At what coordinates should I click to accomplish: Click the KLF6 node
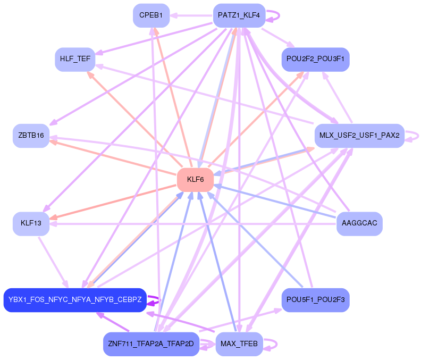click(x=195, y=180)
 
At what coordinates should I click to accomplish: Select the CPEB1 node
click(x=151, y=15)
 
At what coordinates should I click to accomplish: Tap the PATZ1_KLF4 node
click(x=239, y=15)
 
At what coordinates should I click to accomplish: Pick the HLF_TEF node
click(x=75, y=59)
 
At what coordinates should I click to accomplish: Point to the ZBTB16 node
click(x=31, y=136)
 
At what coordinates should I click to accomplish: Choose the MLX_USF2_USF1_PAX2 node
click(x=360, y=136)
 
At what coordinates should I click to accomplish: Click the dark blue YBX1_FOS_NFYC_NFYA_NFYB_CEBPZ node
click(x=75, y=300)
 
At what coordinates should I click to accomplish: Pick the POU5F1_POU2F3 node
click(x=315, y=300)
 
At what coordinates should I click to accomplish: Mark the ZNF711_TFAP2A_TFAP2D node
click(x=151, y=344)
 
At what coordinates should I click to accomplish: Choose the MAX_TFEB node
click(x=239, y=344)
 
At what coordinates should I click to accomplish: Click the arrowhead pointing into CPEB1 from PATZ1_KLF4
click(x=173, y=15)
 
